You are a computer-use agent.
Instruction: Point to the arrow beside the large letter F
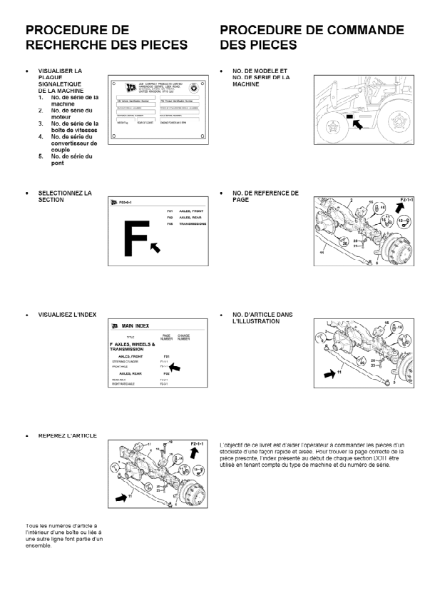[155, 246]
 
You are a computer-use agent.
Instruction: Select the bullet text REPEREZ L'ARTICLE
[68, 435]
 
